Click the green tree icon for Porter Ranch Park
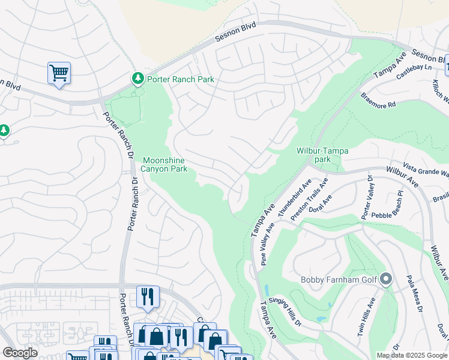[x=138, y=79]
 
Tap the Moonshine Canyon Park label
[x=164, y=164]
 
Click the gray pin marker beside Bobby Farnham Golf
[x=386, y=280]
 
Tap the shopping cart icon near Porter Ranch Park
[x=59, y=73]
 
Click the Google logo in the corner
[x=20, y=353]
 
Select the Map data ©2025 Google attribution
[x=412, y=355]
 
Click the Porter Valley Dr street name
[x=366, y=197]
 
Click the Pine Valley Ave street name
[x=268, y=243]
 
